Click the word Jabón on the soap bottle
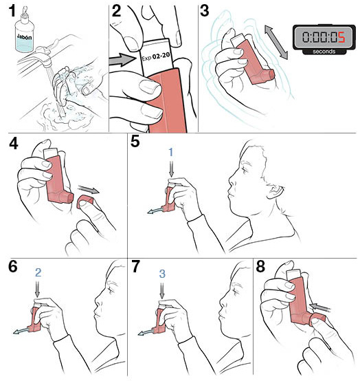24,37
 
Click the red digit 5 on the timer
341,37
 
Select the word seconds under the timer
324,52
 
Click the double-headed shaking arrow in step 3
276,42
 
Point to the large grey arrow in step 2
122,61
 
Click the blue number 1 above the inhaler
171,153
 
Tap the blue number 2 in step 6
38,272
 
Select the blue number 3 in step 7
162,274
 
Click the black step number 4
14,143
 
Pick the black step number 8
260,267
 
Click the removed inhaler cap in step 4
85,202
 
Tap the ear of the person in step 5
275,190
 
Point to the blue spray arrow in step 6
21,331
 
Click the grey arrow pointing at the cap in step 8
320,307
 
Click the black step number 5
135,142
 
